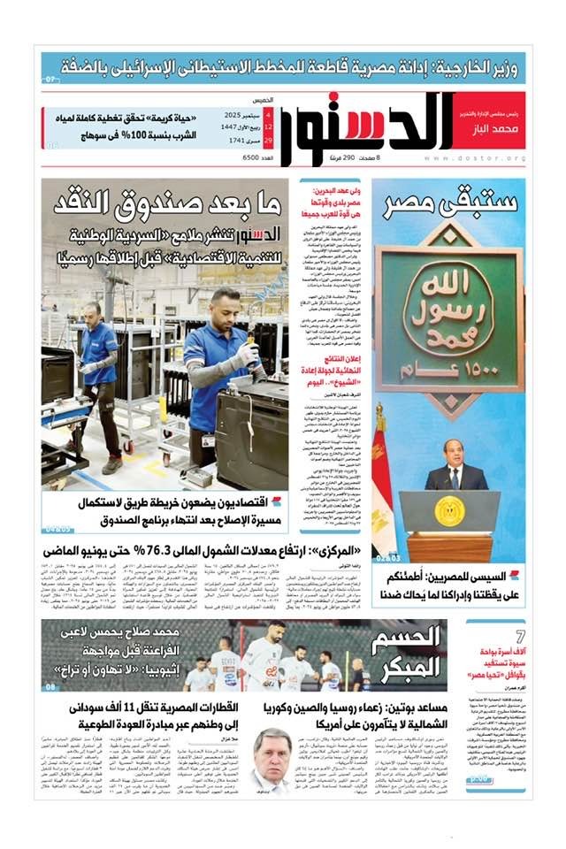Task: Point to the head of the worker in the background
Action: pyautogui.click(x=91, y=312)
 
